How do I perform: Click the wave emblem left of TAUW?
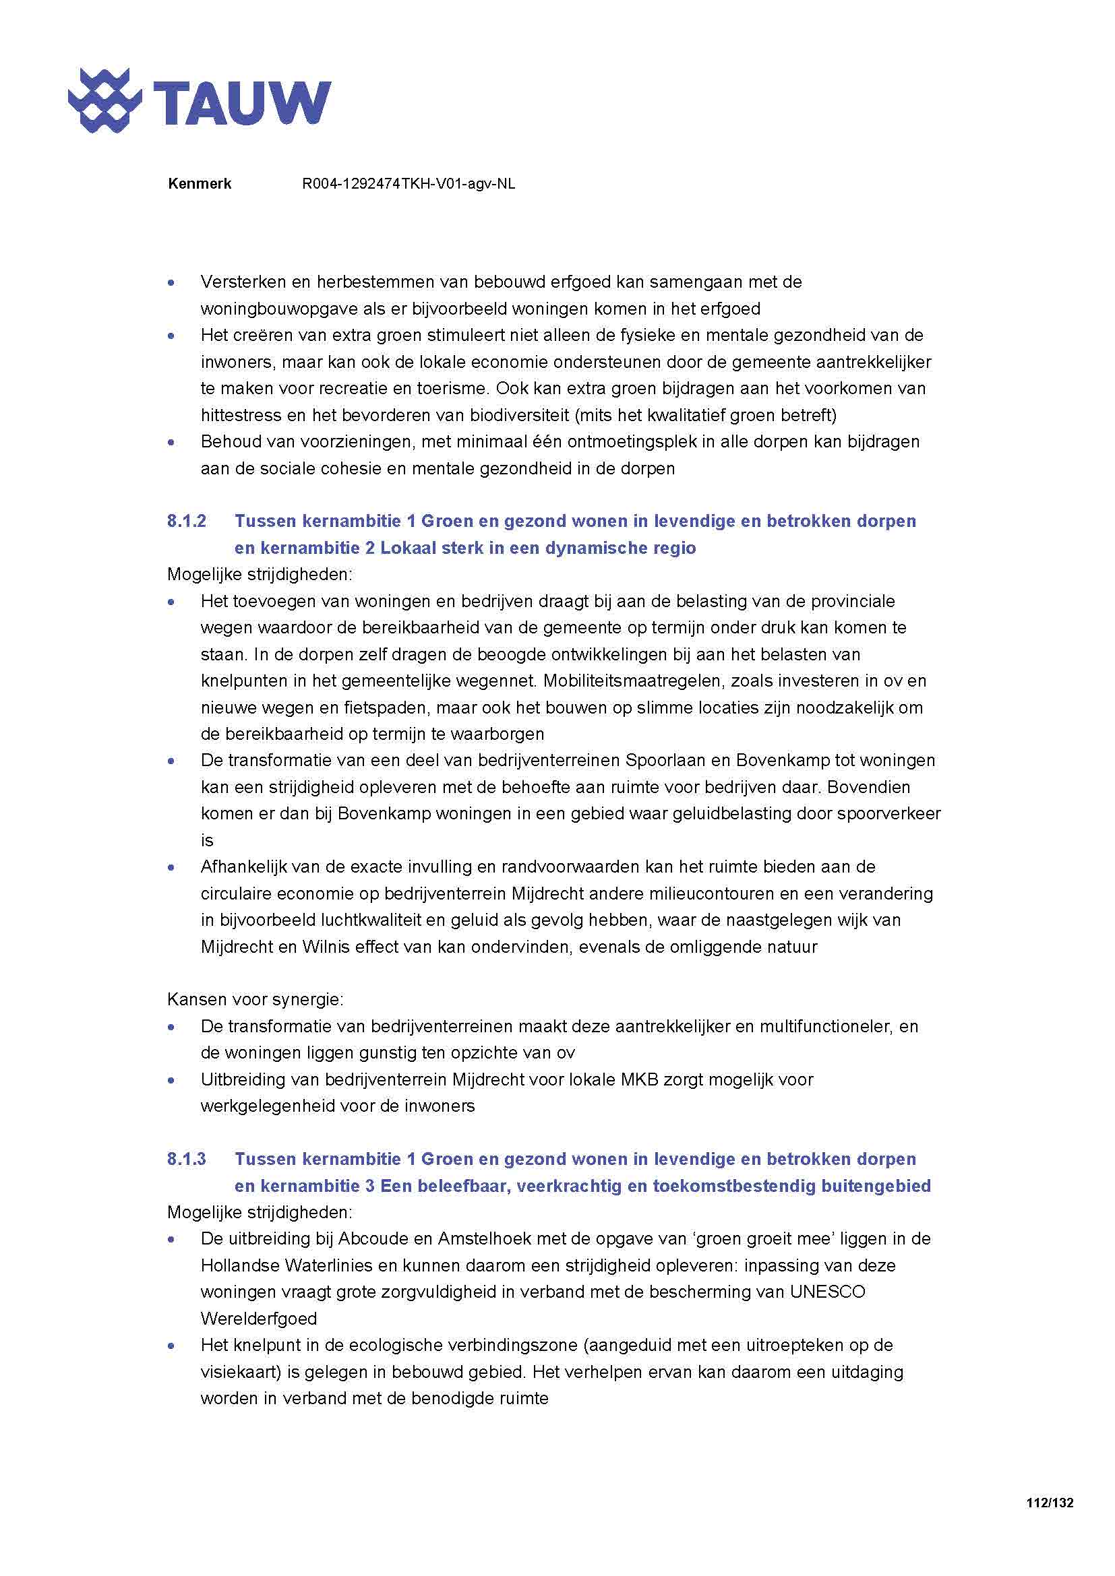pos(104,101)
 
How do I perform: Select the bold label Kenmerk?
pos(199,184)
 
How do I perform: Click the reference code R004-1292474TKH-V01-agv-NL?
pos(409,184)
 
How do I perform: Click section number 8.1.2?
pos(186,521)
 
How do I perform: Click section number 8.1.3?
pos(186,1160)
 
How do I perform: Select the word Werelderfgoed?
pos(259,1319)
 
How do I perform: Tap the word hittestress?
pos(241,415)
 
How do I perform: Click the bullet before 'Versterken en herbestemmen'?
pos(172,283)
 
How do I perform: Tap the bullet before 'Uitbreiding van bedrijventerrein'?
pos(172,1080)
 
